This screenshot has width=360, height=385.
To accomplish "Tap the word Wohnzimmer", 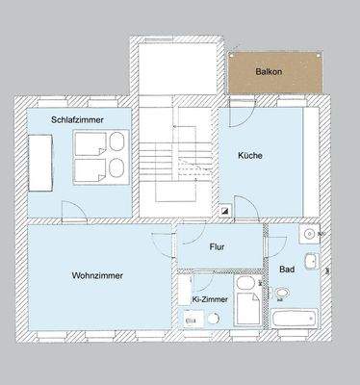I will [96, 275].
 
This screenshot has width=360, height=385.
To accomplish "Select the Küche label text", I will [251, 155].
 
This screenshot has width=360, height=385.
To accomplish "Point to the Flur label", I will [218, 246].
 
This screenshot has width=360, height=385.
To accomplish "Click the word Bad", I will [287, 270].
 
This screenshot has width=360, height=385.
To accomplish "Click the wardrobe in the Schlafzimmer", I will [39, 161].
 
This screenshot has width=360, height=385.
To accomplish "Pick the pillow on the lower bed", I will [116, 168].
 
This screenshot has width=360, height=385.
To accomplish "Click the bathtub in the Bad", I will [296, 320].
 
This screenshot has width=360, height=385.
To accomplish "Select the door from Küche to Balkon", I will [242, 108].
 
